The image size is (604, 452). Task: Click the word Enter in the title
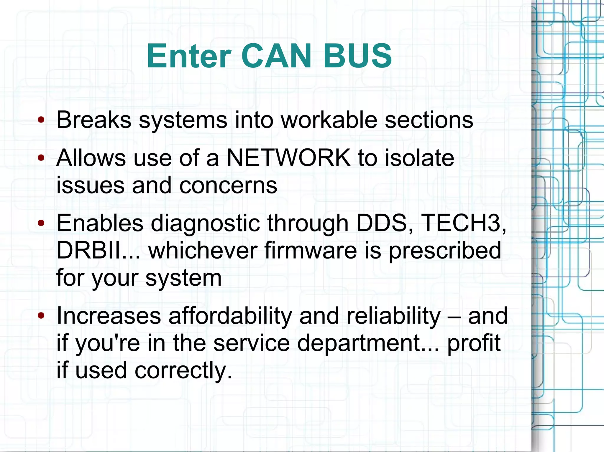click(x=189, y=56)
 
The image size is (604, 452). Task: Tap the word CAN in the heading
click(x=276, y=56)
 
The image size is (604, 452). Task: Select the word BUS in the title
click(x=358, y=56)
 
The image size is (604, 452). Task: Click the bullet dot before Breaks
click(x=41, y=120)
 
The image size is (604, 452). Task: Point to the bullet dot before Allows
click(x=41, y=158)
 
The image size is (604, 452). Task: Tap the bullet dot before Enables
click(x=41, y=223)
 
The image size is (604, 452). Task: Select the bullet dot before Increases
click(x=41, y=316)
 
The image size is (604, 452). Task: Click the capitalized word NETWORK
click(x=289, y=158)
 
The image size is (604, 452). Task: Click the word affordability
click(x=230, y=316)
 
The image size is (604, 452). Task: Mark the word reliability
click(x=393, y=316)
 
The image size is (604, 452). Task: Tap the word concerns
click(x=228, y=186)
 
